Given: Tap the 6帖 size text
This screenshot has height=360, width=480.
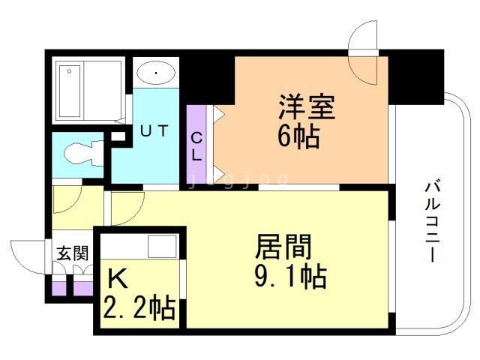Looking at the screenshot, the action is point(298,136).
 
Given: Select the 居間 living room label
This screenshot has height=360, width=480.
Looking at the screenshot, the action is point(283,247).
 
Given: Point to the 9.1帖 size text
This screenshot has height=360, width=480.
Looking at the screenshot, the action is point(290,277).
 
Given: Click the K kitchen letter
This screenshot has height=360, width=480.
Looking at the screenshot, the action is point(118,280).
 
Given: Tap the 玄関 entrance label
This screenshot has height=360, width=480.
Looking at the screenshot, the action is point(73,253).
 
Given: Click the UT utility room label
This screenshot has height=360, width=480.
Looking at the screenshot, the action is point(154,131).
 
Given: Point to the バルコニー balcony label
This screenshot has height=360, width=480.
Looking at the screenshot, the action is point(432,222).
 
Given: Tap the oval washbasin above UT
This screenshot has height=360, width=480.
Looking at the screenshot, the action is point(156,73).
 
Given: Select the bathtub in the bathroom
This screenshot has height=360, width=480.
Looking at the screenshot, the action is point(70,91).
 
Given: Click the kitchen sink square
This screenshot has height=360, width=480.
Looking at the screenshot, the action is point(162,247).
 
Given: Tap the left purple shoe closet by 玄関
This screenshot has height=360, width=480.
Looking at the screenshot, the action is point(58,289).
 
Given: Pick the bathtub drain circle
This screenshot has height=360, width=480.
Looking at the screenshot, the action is point(70,72).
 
